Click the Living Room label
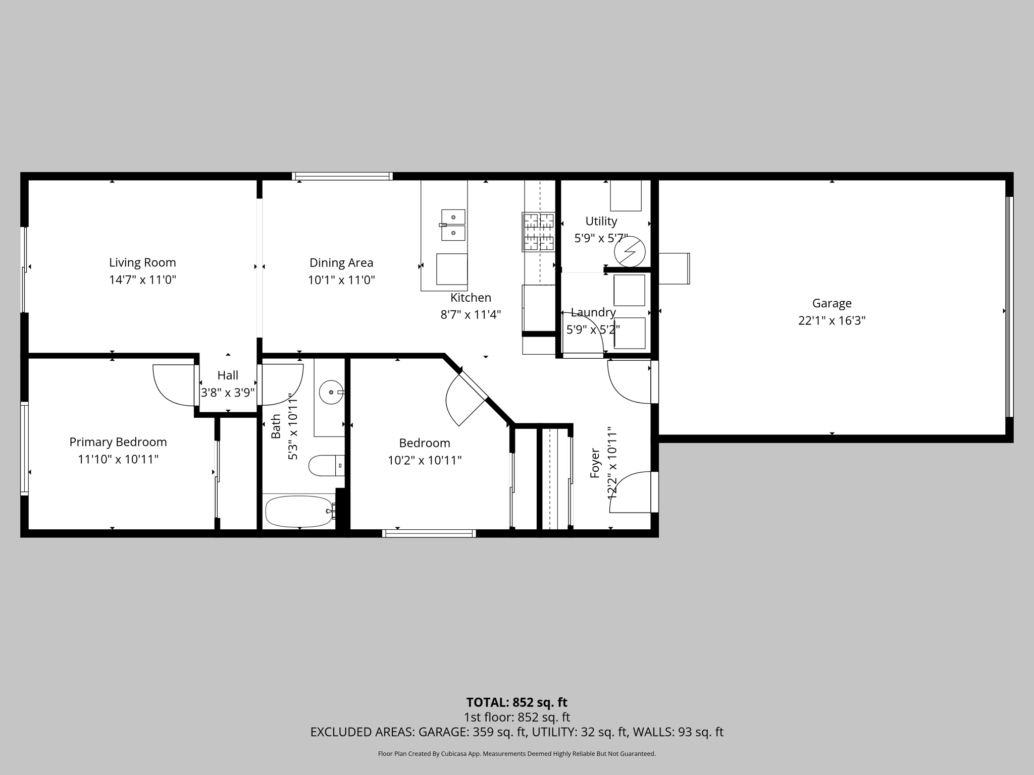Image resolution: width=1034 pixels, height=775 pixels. point(142,262)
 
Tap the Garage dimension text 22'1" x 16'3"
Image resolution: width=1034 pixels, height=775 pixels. point(832,320)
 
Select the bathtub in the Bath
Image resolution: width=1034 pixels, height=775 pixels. point(299,511)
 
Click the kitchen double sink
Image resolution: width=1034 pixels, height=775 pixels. point(453,225)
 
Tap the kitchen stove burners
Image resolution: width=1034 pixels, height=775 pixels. point(539,232)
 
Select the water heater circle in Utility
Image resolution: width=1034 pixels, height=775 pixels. point(630,251)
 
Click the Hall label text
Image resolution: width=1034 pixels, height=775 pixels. point(228,375)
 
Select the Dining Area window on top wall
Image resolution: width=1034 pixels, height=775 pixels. point(342,176)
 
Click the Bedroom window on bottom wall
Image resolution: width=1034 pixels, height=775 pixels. point(429,533)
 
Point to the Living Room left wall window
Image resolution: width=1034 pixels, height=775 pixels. point(23,269)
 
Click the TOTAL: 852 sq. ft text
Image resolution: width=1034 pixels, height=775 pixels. point(516,702)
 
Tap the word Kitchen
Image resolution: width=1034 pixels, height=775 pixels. point(471,298)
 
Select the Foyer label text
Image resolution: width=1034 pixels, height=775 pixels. point(595,463)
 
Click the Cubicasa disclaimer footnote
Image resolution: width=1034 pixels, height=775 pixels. point(516,754)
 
